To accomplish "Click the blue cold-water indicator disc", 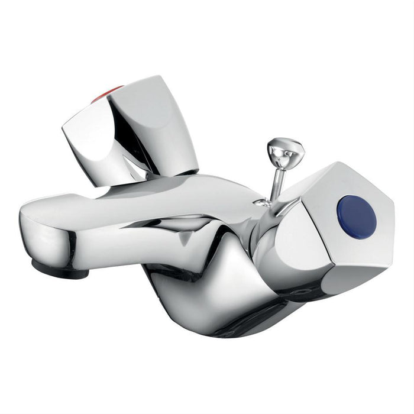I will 356,216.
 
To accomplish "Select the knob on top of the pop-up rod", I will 285,151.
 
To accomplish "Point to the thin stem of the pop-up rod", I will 273,183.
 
